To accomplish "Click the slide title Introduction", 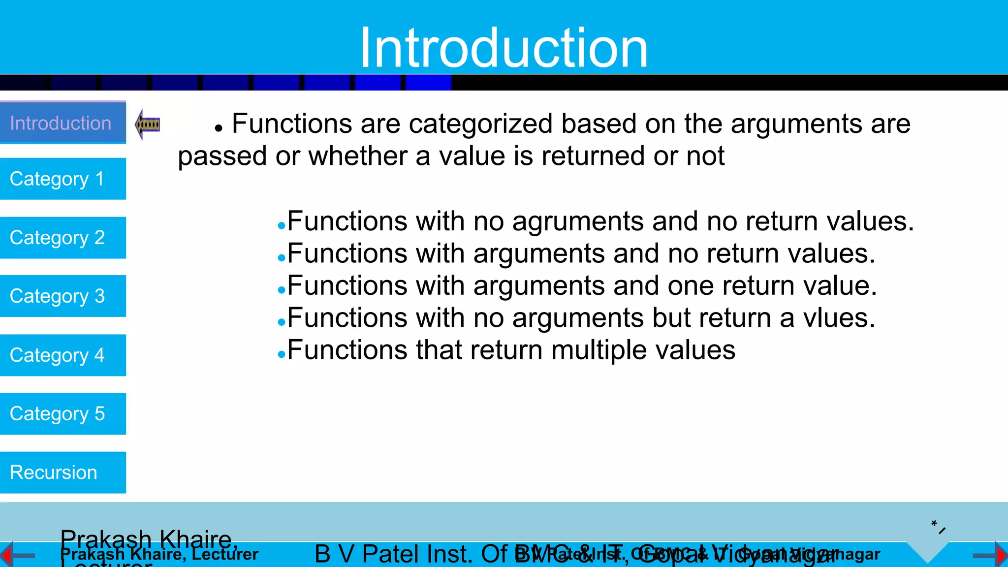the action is point(504,48).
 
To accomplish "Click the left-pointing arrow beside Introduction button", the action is point(147,125).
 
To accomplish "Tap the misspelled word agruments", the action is point(578,222).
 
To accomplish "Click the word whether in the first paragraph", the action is point(358,157).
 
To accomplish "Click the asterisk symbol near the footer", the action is point(934,524).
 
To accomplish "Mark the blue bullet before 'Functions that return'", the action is point(282,354).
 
